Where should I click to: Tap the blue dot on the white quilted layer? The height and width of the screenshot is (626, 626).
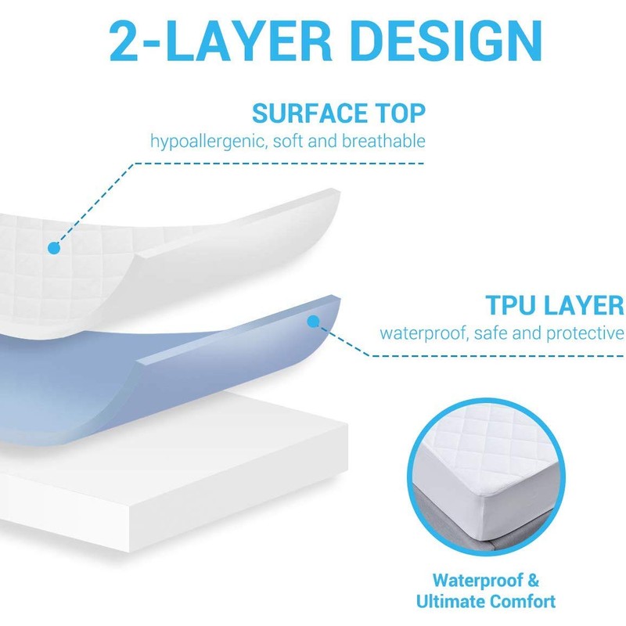click(53, 248)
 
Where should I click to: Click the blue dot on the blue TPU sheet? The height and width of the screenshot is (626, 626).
click(313, 321)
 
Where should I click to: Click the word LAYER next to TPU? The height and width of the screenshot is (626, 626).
click(588, 304)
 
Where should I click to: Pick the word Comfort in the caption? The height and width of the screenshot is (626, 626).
click(527, 602)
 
